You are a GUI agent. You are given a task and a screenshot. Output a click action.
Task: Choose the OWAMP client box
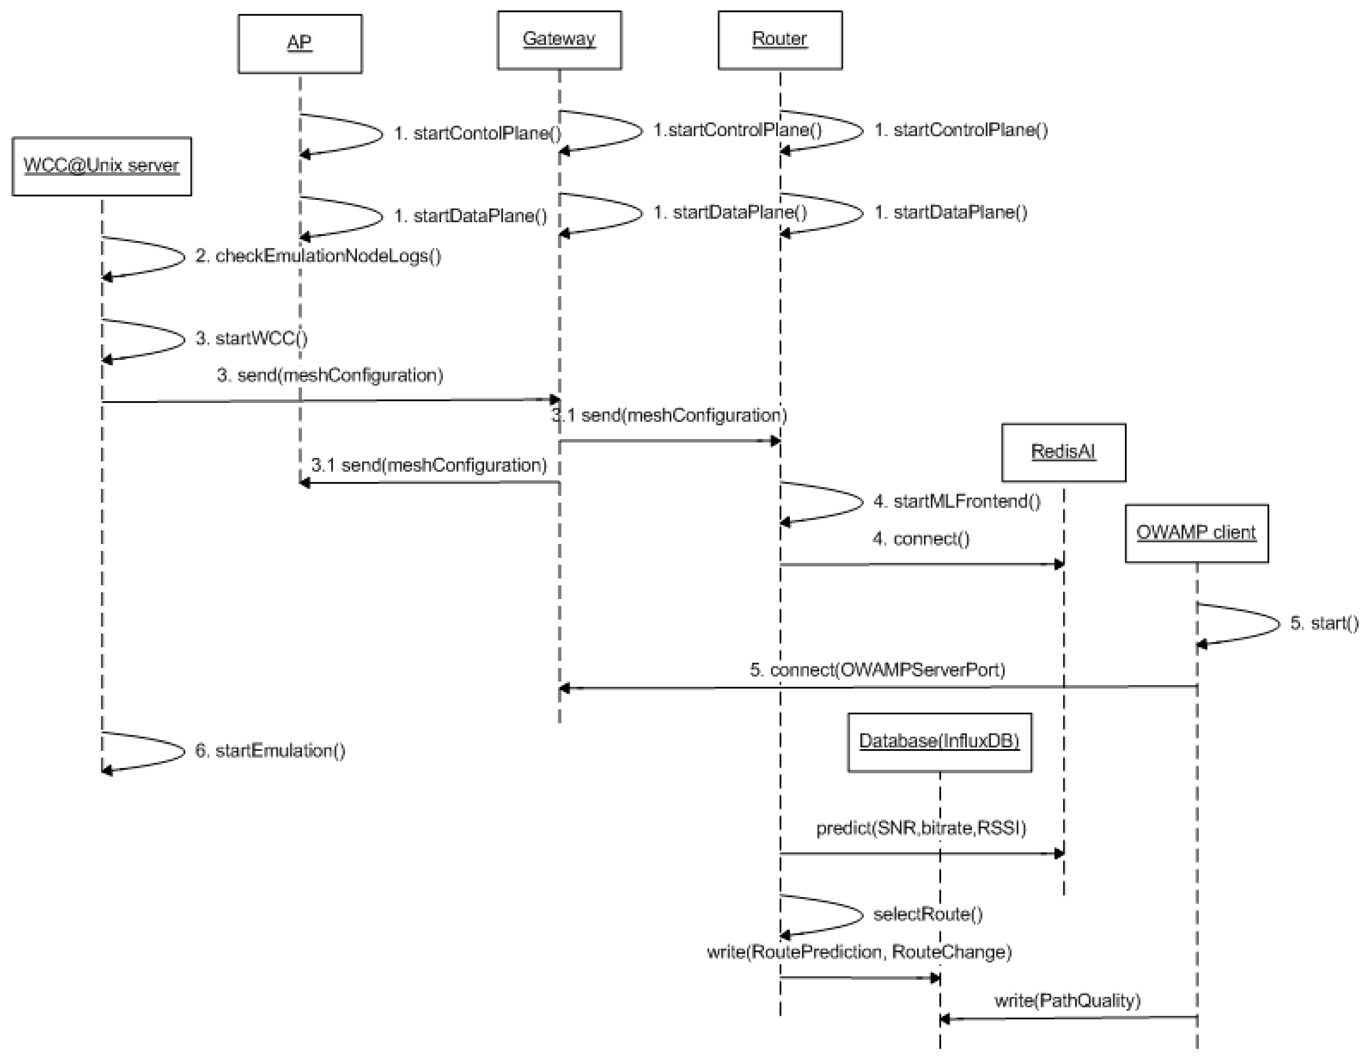pyautogui.click(x=1196, y=533)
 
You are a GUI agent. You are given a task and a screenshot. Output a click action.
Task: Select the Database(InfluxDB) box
pyautogui.click(x=939, y=742)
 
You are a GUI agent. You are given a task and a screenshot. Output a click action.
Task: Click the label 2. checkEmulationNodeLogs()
pyautogui.click(x=318, y=256)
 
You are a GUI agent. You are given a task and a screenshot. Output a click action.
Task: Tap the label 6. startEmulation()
pyautogui.click(x=270, y=751)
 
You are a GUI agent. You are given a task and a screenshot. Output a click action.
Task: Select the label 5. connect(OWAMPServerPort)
pyautogui.click(x=877, y=670)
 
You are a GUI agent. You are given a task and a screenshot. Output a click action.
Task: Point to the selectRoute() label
pyautogui.click(x=927, y=914)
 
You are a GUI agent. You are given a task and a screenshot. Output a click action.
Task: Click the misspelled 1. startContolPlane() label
pyautogui.click(x=477, y=134)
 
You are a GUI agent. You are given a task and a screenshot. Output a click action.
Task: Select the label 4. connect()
pyautogui.click(x=921, y=539)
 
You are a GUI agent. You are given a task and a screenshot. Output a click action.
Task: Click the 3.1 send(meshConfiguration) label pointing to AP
pyautogui.click(x=429, y=466)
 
